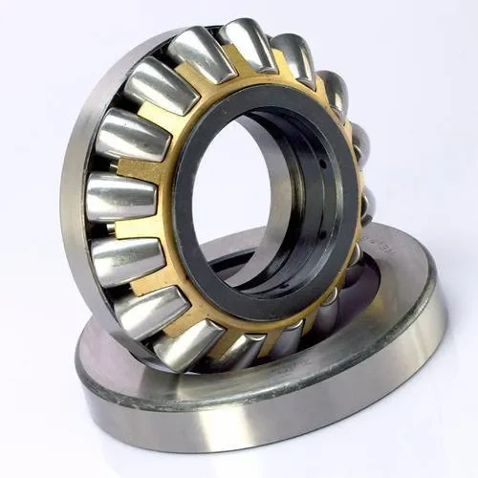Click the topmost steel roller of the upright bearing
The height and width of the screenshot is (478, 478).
click(x=247, y=44)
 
